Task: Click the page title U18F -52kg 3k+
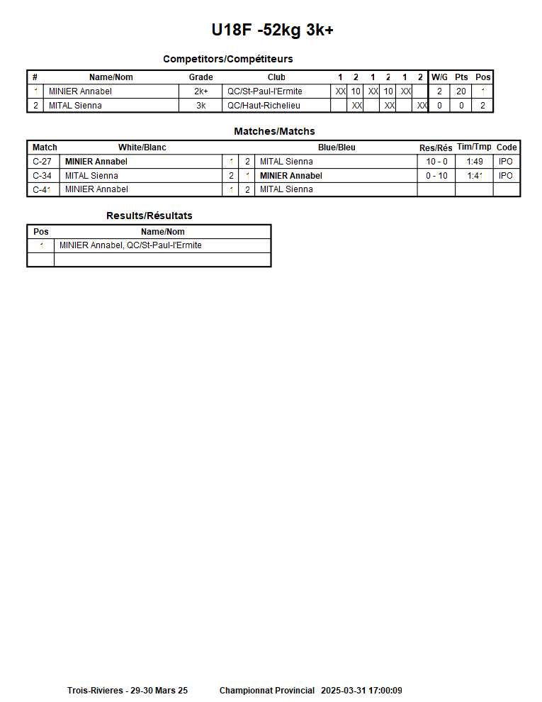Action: tap(272, 30)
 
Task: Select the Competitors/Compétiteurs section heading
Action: tap(227, 59)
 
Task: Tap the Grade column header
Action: tap(201, 77)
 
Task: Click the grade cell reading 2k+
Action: tap(201, 91)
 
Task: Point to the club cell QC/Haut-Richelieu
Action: tap(264, 106)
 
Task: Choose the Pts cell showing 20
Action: tap(461, 91)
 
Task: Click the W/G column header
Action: tap(439, 77)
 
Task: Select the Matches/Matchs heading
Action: tap(274, 131)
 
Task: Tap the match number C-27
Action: tap(43, 162)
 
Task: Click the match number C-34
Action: tap(43, 176)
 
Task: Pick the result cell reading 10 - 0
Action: tap(436, 162)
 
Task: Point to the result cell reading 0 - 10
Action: tap(436, 176)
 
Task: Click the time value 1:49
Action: tap(475, 162)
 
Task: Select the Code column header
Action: tap(507, 147)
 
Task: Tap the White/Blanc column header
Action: tap(142, 147)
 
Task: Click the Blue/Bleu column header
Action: tap(337, 147)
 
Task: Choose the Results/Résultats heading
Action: tap(149, 216)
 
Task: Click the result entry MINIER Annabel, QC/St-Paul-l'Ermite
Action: tap(130, 245)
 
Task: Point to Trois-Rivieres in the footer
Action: tap(96, 691)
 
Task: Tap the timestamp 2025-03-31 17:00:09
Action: tap(361, 691)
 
